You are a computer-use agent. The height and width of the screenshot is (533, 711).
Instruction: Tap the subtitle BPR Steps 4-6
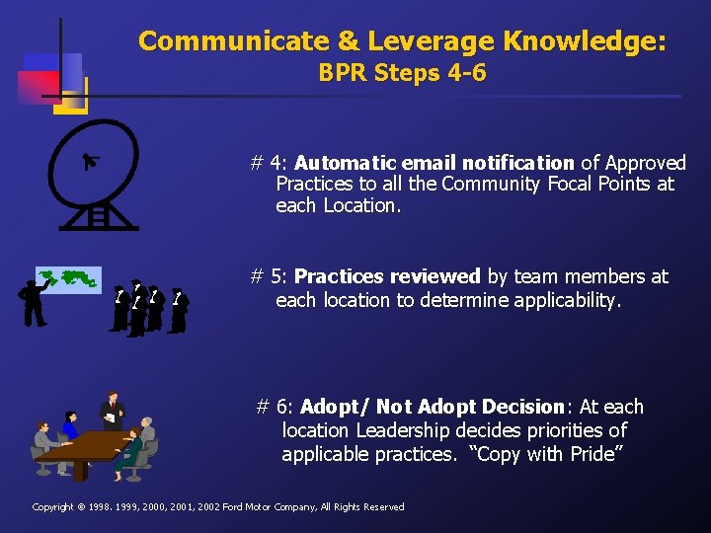pos(402,73)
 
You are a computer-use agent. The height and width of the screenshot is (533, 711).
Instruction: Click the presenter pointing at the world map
pos(33,302)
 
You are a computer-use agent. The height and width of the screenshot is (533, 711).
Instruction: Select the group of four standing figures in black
pos(148,307)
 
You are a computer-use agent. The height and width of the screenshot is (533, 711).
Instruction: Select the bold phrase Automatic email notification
pos(434,163)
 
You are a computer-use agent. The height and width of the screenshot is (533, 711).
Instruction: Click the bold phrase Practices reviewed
pos(387,276)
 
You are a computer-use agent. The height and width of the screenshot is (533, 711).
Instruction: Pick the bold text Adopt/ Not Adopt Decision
pos(433,407)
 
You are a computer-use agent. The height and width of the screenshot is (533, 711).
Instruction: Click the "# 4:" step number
pos(269,163)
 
